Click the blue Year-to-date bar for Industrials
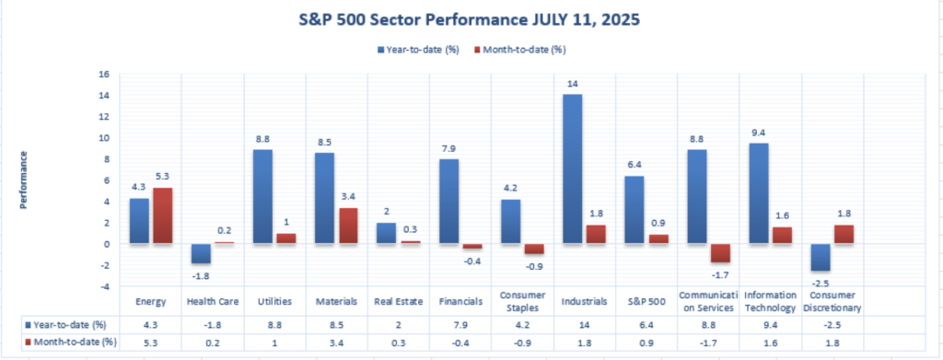coord(572,168)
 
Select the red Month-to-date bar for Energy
coord(162,215)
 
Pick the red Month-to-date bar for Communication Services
coord(720,253)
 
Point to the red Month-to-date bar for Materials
coord(347,226)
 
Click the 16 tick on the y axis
coord(106,74)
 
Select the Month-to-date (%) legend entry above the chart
coord(519,50)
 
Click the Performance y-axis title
coord(23,180)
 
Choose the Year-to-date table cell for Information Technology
coord(771,325)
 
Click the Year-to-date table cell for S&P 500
coord(646,325)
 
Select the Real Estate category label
coord(399,302)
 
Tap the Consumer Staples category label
coord(523,302)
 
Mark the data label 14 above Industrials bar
coord(572,84)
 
